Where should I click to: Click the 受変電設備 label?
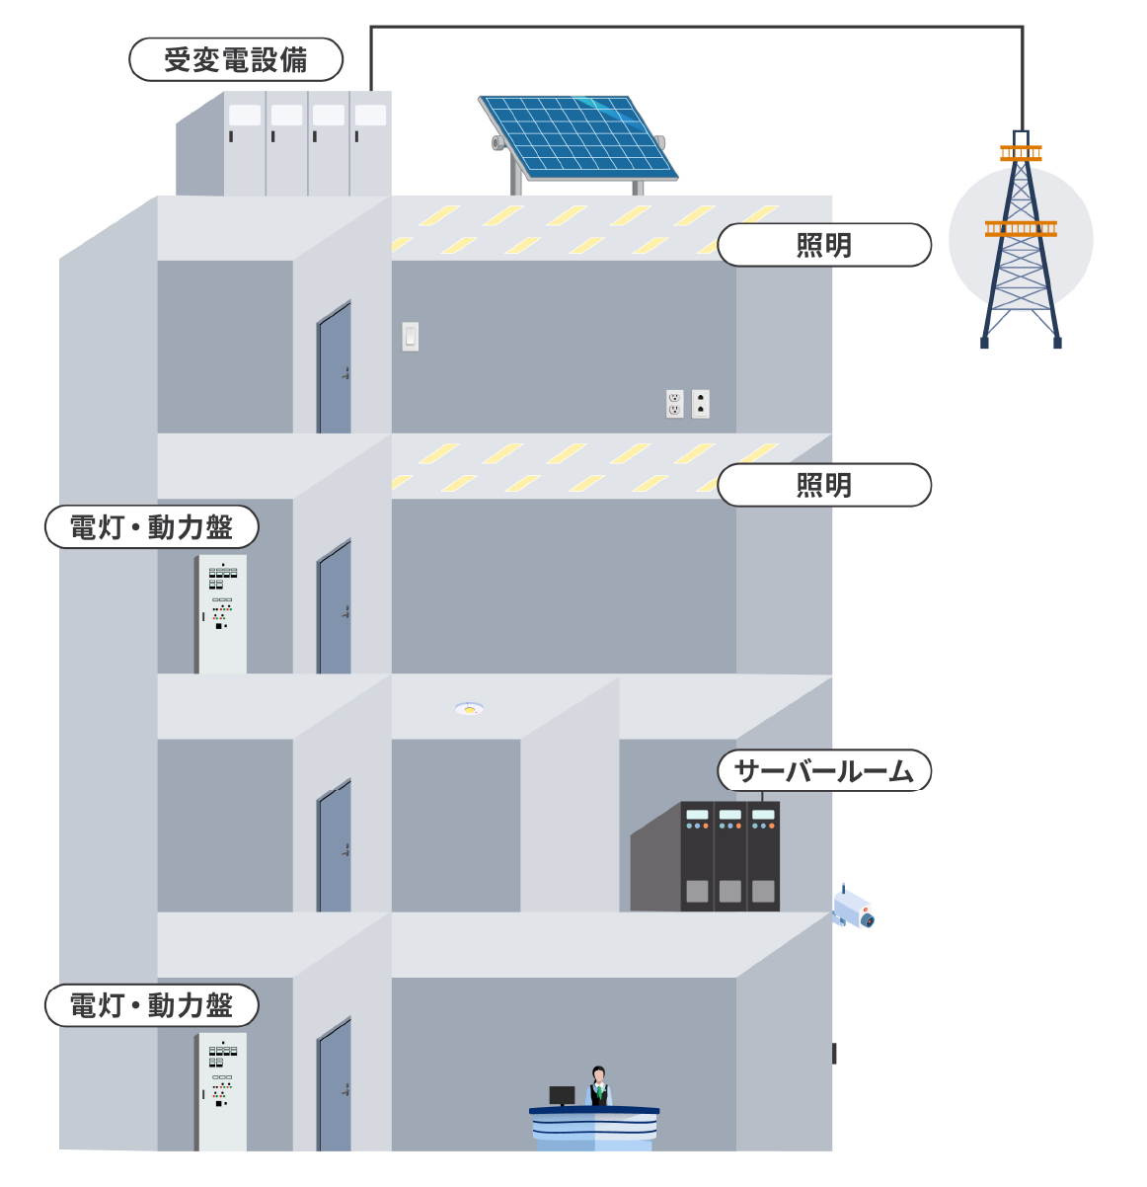point(236,60)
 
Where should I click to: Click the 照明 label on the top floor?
point(823,245)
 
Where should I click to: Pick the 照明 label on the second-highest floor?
point(823,485)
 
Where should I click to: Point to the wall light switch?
point(410,337)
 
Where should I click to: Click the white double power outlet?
point(675,403)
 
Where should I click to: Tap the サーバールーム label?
point(823,771)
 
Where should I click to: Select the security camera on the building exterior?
point(853,908)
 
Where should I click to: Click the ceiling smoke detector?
point(469,708)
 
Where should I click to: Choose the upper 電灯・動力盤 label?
point(151,527)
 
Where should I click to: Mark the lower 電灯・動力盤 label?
point(151,1005)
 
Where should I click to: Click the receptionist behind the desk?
point(598,1086)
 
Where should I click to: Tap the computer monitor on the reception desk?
point(562,1095)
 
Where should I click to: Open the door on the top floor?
point(335,369)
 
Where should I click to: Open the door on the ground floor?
point(335,1086)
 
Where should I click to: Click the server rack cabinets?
point(729,856)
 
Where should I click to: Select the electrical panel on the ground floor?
point(221,1091)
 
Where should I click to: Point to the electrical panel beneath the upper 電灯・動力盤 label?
point(221,614)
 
